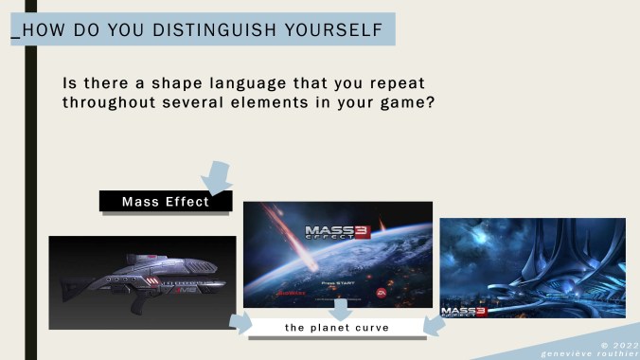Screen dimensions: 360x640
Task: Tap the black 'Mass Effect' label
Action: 167,201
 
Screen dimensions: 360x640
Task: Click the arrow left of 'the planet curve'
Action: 242,325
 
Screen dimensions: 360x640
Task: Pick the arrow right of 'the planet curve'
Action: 434,325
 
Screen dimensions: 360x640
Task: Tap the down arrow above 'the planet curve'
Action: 338,309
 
